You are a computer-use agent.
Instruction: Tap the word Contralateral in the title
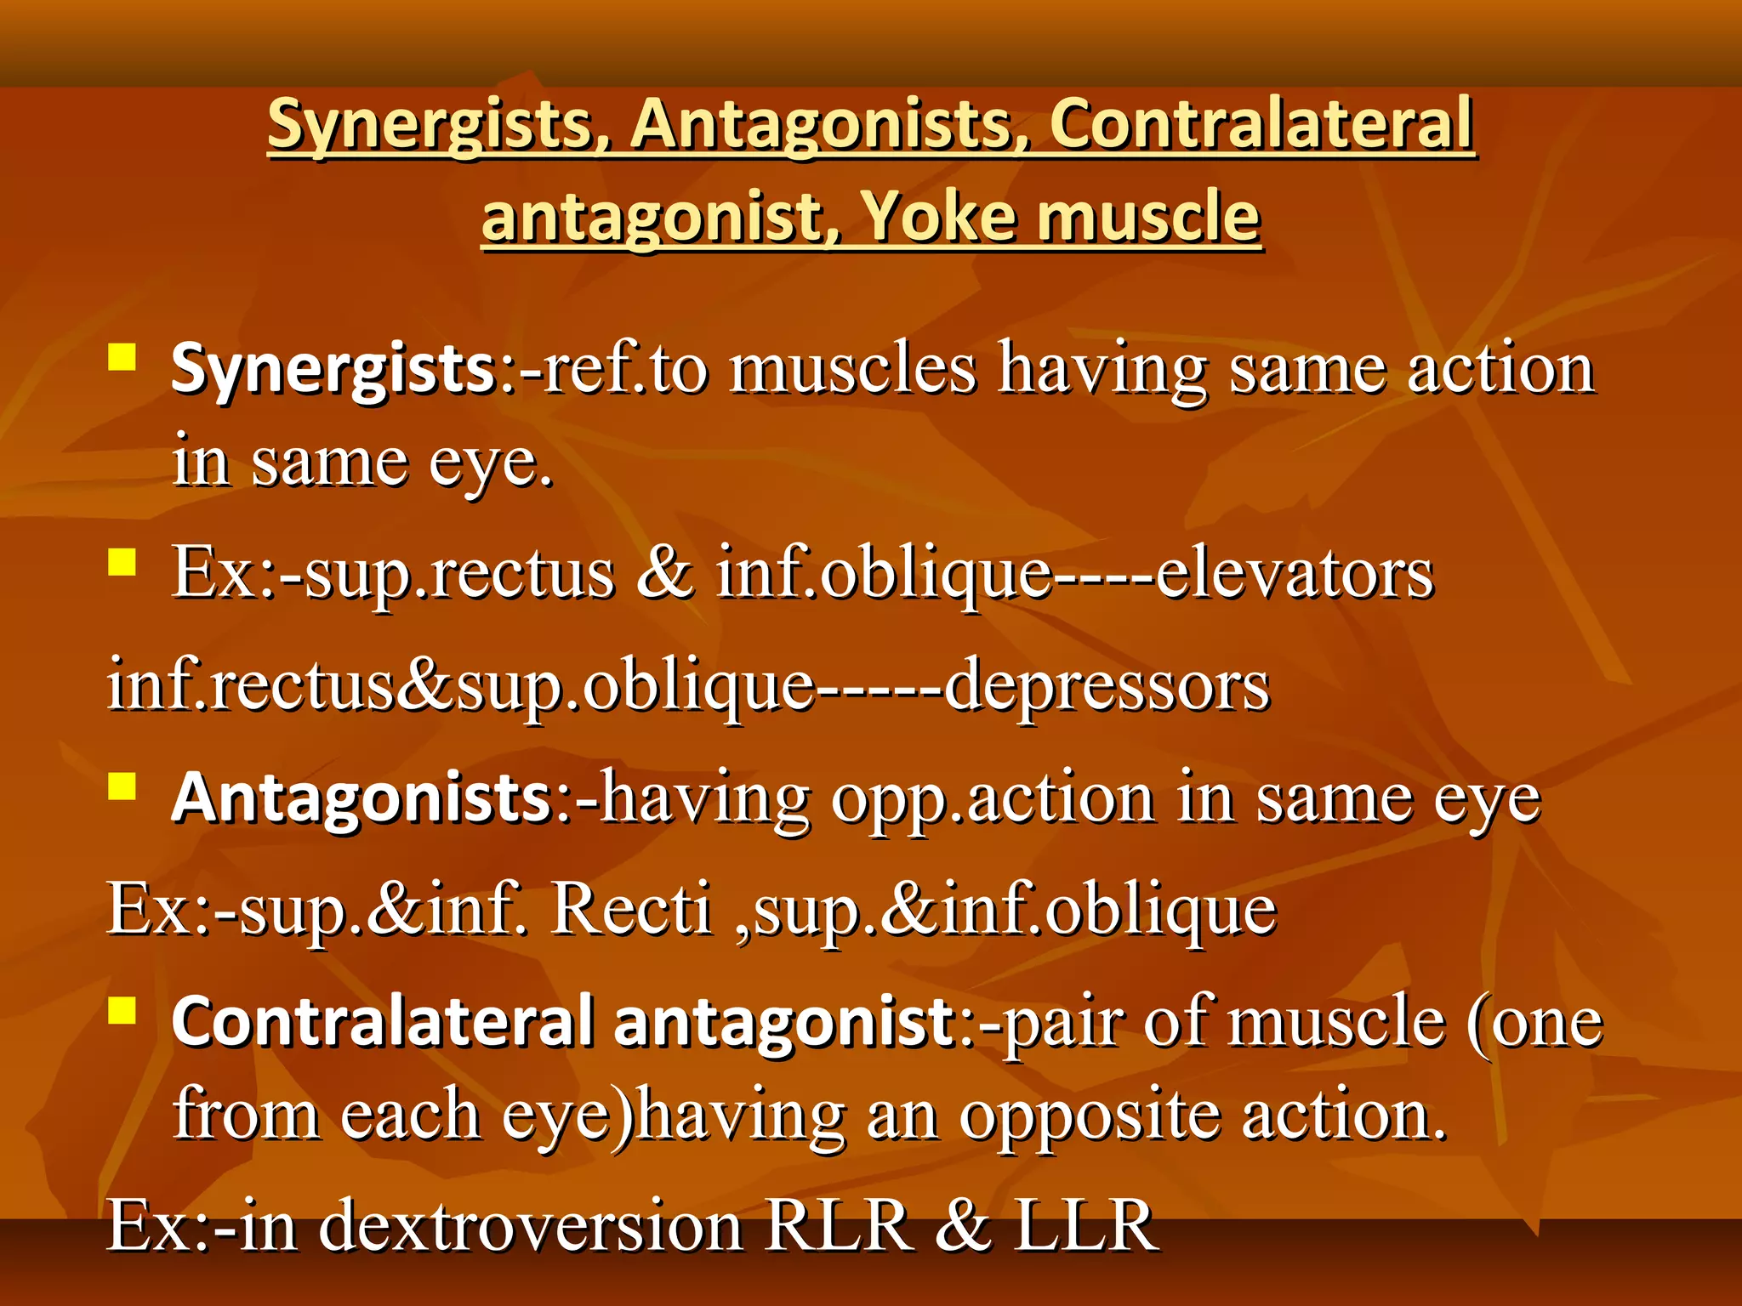[1261, 124]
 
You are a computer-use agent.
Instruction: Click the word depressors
[1107, 685]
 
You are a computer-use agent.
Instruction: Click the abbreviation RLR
[838, 1225]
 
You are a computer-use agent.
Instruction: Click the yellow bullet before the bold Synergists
[122, 357]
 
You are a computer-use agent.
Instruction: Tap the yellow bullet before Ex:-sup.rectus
[122, 562]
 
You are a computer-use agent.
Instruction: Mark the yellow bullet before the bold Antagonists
[122, 786]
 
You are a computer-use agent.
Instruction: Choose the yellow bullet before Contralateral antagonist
[122, 1009]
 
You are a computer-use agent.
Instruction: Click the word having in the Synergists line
[1102, 370]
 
